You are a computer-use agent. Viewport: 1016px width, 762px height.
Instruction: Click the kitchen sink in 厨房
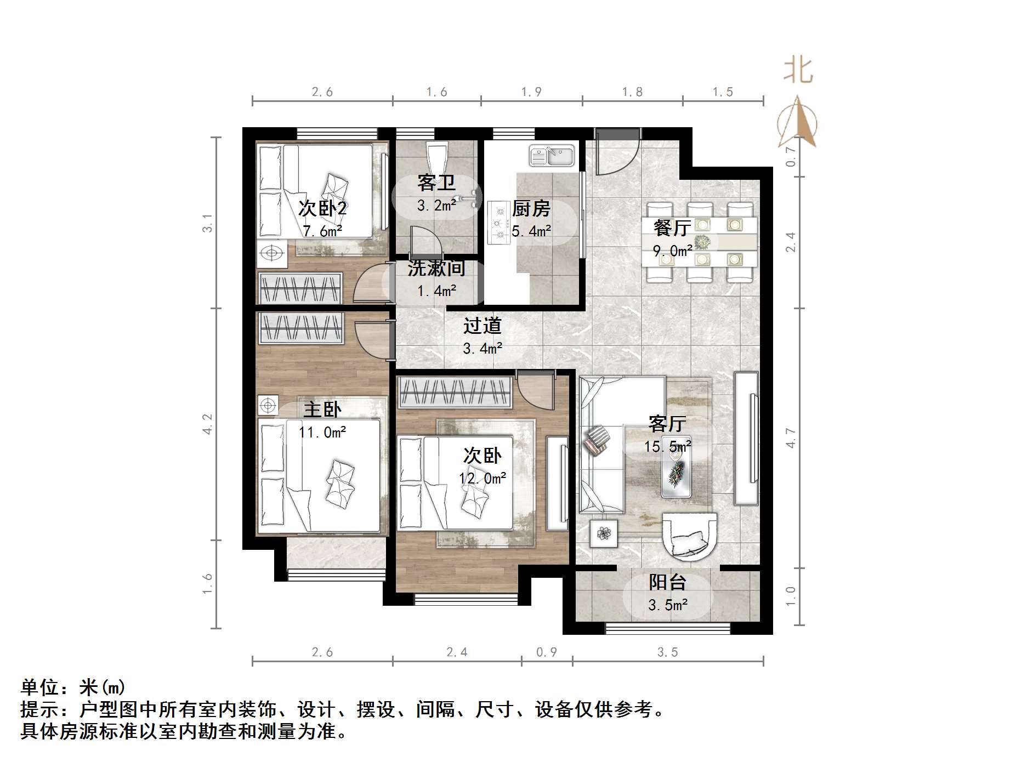tap(552, 155)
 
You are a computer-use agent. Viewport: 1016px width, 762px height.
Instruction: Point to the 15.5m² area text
tap(667, 447)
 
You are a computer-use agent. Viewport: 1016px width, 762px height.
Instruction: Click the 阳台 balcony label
tap(667, 582)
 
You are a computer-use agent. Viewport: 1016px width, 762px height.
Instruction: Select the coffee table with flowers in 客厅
tap(676, 473)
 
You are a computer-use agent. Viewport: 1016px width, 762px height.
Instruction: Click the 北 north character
tap(798, 71)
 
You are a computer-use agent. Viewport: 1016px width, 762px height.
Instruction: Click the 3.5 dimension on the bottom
tap(667, 652)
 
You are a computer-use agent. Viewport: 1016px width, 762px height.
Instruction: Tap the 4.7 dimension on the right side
tap(790, 438)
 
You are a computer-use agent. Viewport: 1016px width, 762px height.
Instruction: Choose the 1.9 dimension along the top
tap(531, 92)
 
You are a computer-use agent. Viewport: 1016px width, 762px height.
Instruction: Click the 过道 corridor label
tap(482, 326)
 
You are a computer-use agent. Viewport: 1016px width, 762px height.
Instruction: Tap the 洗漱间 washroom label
tap(436, 269)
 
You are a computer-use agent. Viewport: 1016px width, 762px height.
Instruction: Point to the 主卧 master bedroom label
tap(322, 410)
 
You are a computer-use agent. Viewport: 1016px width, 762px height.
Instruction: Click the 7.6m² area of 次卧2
tap(322, 231)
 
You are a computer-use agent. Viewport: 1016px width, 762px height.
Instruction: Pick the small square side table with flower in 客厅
tap(604, 533)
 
